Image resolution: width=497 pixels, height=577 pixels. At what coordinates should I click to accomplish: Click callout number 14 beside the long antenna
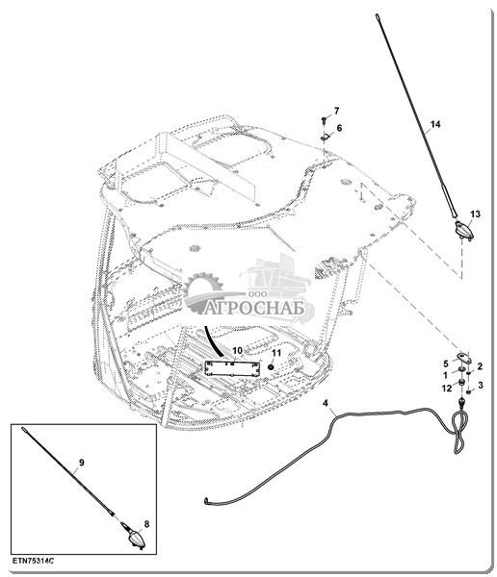pyautogui.click(x=435, y=124)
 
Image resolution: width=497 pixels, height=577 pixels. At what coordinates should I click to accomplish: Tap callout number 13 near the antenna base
pyautogui.click(x=475, y=213)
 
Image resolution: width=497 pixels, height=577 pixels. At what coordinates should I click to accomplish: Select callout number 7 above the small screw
pyautogui.click(x=336, y=111)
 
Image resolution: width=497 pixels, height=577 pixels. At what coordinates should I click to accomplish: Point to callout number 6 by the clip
pyautogui.click(x=339, y=128)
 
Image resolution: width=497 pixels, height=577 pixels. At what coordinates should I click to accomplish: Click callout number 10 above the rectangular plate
pyautogui.click(x=238, y=350)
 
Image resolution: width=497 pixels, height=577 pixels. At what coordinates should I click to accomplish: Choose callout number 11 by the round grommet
pyautogui.click(x=276, y=353)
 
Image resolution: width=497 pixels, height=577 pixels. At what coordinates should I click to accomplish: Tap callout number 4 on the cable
pyautogui.click(x=326, y=403)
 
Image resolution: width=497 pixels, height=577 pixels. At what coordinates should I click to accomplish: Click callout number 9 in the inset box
pyautogui.click(x=82, y=463)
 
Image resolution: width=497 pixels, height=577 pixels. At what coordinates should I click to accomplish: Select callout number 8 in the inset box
pyautogui.click(x=146, y=524)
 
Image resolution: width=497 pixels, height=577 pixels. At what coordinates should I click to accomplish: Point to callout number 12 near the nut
pyautogui.click(x=447, y=389)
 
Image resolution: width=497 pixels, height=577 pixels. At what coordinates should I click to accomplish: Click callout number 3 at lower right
pyautogui.click(x=480, y=385)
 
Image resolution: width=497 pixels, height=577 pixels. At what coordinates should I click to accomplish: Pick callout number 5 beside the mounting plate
pyautogui.click(x=446, y=364)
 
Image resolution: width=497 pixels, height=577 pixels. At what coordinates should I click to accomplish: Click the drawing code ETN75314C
pyautogui.click(x=33, y=562)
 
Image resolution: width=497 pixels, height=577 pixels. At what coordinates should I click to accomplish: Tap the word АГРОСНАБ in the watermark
pyautogui.click(x=254, y=308)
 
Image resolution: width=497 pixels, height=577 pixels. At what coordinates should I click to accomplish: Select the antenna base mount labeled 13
pyautogui.click(x=464, y=232)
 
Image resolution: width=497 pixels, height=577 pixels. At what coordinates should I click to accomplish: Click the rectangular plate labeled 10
pyautogui.click(x=232, y=368)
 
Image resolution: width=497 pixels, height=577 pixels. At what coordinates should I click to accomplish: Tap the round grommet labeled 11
pyautogui.click(x=271, y=367)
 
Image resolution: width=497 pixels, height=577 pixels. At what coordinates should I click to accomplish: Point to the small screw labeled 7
pyautogui.click(x=324, y=120)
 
